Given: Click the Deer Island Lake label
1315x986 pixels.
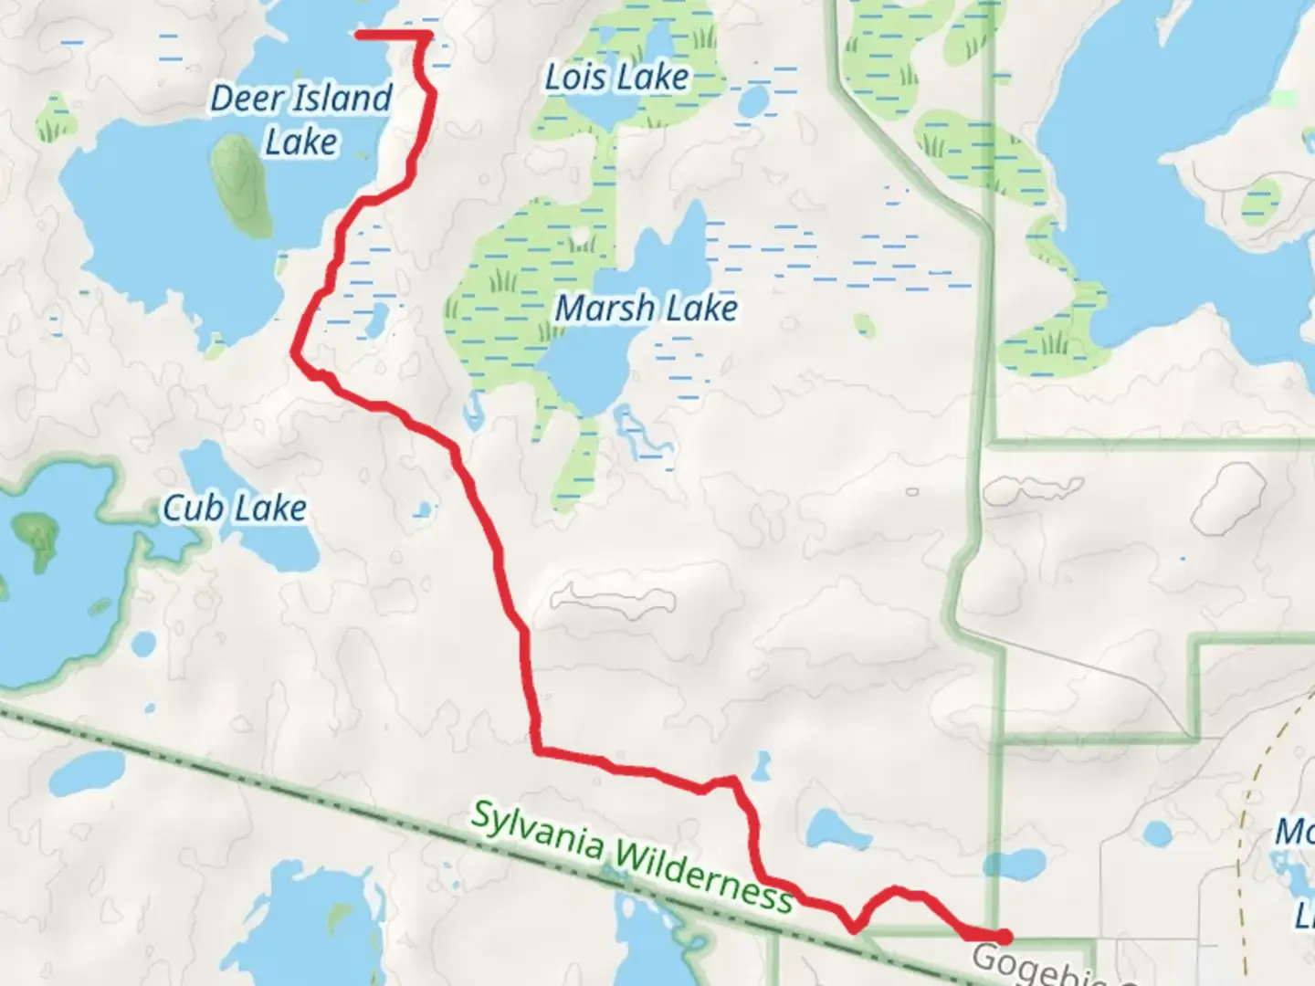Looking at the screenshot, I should point(301,120).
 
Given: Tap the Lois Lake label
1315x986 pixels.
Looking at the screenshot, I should point(616,78).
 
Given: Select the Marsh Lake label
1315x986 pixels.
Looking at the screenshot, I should point(647,309).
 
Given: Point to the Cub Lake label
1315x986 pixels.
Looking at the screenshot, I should point(235,509).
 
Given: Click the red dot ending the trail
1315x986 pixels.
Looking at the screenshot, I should point(1004,937).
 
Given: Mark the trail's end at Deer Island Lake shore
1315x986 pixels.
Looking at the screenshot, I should point(358,36).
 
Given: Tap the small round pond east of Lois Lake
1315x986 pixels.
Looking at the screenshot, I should point(752,101).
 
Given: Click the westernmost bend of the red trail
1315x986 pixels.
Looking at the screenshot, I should point(294,351).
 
